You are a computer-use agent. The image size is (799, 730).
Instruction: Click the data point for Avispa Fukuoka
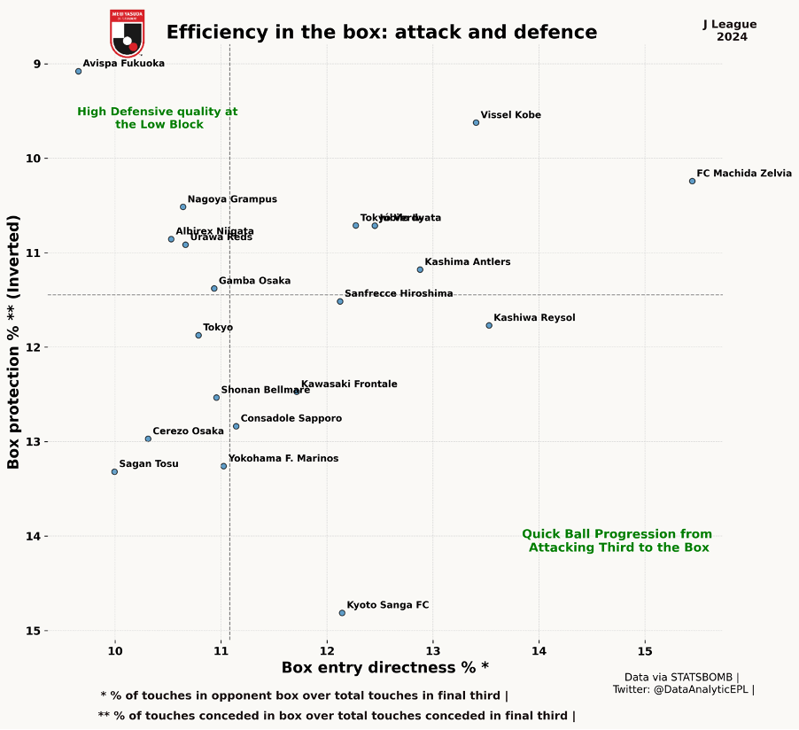pos(78,71)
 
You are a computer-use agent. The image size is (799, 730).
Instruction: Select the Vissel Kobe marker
pos(476,122)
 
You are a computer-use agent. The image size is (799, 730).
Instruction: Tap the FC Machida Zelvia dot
pos(692,181)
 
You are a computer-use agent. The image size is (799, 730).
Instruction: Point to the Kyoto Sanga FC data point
pos(342,613)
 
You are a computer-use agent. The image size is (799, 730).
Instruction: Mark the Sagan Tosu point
pos(114,471)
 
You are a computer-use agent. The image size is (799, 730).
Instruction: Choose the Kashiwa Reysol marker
pos(489,325)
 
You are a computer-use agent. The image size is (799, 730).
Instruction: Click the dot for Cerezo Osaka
pos(148,439)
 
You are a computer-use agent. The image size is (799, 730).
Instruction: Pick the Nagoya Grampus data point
pos(182,206)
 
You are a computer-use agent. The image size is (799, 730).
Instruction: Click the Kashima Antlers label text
pos(467,262)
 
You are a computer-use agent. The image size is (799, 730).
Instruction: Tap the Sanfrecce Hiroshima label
pos(399,293)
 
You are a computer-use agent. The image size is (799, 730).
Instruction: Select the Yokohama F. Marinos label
pos(283,459)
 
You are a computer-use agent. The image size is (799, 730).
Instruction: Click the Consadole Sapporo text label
pos(291,418)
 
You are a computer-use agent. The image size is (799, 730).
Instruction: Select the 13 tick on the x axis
pos(432,650)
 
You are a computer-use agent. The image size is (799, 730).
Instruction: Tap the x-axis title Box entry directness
pos(384,667)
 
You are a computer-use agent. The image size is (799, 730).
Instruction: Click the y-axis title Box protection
pos(13,341)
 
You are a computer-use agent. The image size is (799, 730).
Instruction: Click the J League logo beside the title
pos(127,33)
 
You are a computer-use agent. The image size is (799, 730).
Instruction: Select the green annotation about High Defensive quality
pos(158,118)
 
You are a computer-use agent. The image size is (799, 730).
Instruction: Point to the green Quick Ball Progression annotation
pos(617,540)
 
